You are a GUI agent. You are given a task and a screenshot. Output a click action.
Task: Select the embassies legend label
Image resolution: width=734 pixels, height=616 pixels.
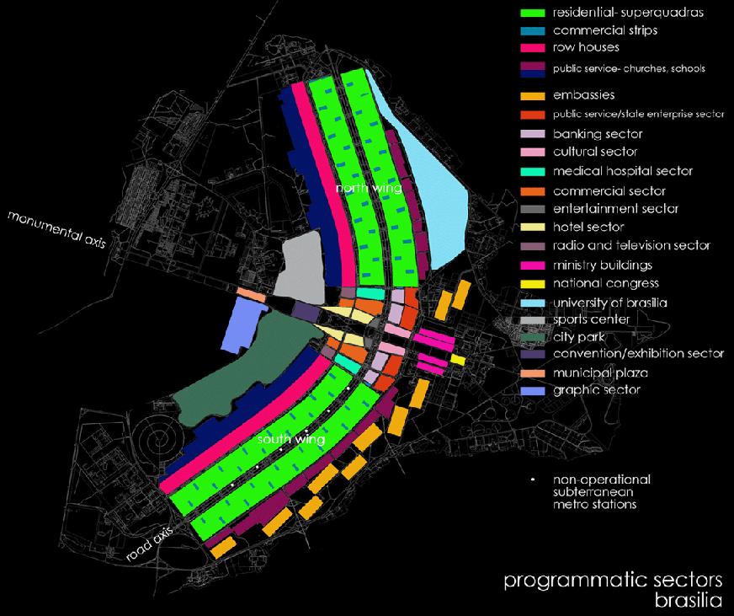pyautogui.click(x=584, y=96)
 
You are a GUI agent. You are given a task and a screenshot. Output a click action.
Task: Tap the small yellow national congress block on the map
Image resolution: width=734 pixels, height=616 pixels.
pyautogui.click(x=457, y=359)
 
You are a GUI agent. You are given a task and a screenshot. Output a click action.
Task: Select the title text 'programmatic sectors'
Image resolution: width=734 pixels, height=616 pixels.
pyautogui.click(x=612, y=581)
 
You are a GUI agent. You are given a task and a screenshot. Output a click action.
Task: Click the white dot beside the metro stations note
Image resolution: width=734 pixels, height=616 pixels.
pyautogui.click(x=534, y=479)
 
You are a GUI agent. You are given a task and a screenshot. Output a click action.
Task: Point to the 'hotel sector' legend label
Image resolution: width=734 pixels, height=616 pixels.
pyautogui.click(x=588, y=228)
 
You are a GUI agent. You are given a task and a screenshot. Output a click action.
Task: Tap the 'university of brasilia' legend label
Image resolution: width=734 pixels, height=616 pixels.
pyautogui.click(x=610, y=303)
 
